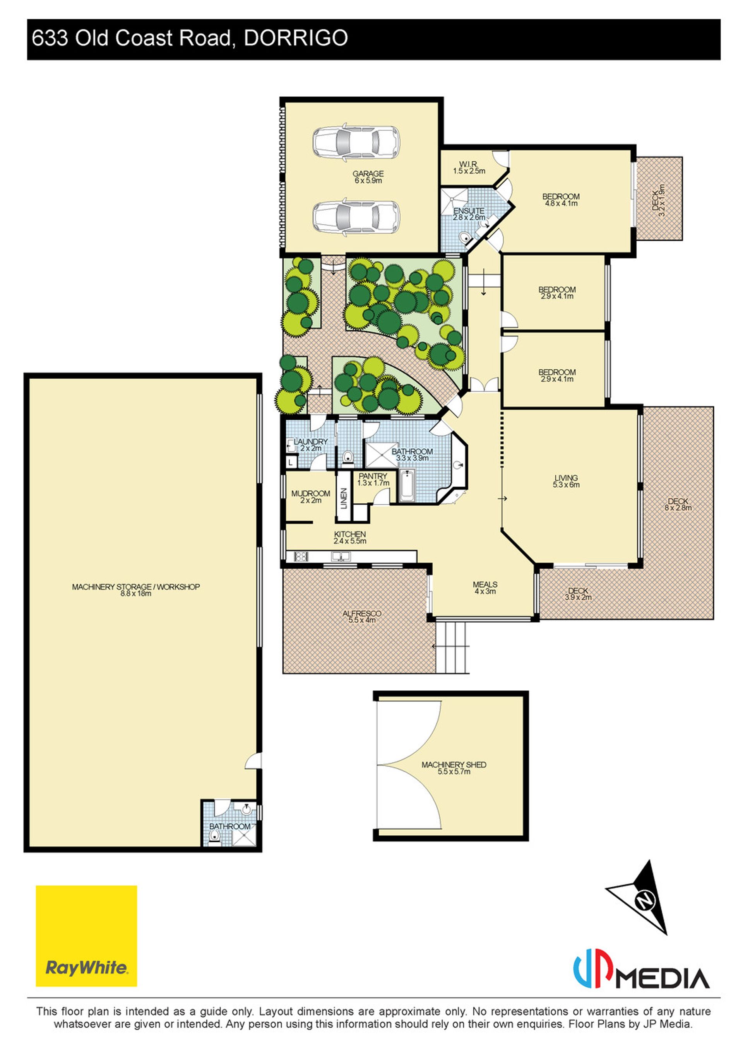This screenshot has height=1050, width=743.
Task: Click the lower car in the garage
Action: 356,217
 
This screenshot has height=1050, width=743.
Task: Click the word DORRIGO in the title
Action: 296,38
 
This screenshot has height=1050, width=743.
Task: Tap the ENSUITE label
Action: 469,211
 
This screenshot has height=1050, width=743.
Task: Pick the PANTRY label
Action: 373,476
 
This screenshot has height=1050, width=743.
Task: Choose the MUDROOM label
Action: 311,493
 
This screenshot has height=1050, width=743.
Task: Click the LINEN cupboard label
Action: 344,499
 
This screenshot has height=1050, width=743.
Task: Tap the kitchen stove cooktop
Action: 301,557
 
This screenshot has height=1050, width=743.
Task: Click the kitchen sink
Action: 341,557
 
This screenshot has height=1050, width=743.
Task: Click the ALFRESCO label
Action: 362,613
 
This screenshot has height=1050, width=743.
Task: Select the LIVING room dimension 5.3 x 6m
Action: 566,485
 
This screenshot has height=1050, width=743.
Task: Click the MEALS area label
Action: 485,584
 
